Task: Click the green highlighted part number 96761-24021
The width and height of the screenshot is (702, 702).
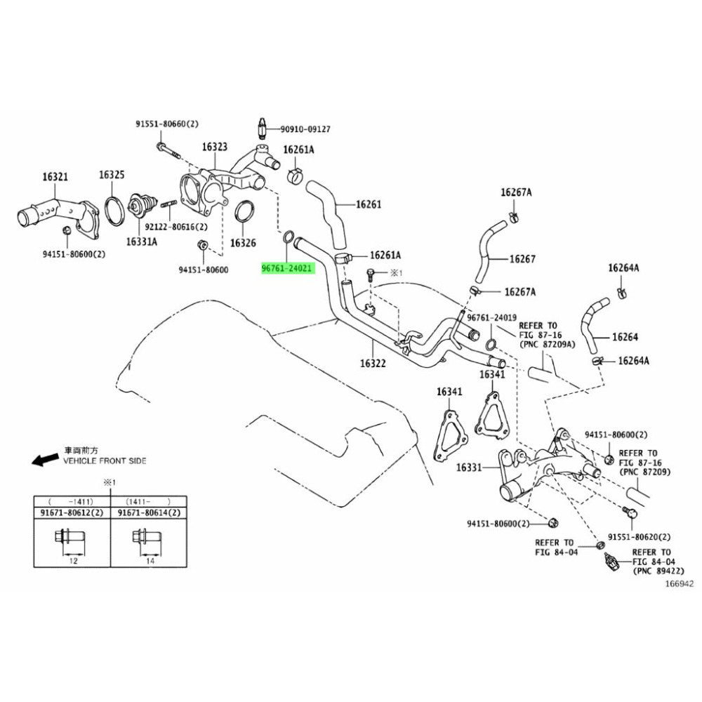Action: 288,268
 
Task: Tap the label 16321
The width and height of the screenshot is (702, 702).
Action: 54,177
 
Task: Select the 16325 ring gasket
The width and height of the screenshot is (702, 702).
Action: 112,208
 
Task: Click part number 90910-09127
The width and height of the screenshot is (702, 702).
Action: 305,129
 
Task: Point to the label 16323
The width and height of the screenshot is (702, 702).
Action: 215,147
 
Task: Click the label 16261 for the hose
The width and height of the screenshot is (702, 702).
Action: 368,205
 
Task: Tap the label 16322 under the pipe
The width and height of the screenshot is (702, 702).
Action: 373,364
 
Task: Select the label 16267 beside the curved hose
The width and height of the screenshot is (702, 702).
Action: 522,259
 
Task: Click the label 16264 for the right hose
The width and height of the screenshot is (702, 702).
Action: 625,337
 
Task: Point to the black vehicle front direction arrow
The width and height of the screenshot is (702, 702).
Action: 46,460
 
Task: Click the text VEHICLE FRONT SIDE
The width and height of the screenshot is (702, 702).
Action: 105,461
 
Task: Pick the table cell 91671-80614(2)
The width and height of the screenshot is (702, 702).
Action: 149,514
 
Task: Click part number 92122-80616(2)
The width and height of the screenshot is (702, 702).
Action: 176,227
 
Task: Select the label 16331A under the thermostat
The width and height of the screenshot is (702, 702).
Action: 142,241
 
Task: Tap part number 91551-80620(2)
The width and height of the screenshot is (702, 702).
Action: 639,536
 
